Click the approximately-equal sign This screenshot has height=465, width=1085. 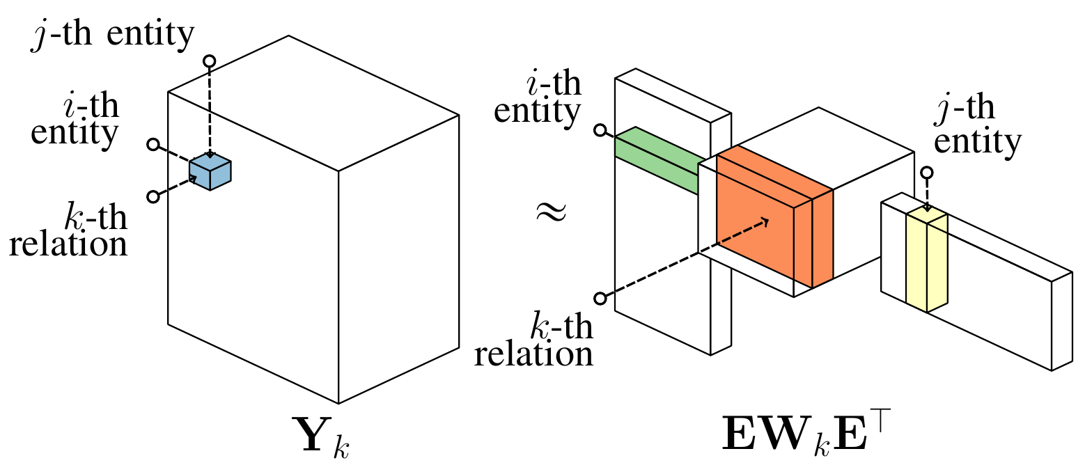(x=550, y=212)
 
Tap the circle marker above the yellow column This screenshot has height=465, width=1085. (x=926, y=173)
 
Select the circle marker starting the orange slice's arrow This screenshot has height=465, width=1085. (x=600, y=299)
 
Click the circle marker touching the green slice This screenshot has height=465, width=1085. (x=599, y=130)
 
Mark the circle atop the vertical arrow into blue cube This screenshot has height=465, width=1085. (x=209, y=61)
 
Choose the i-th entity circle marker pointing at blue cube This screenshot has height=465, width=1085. (x=154, y=145)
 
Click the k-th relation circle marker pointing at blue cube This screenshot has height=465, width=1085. (x=153, y=196)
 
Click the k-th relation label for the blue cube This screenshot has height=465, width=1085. (x=70, y=231)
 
